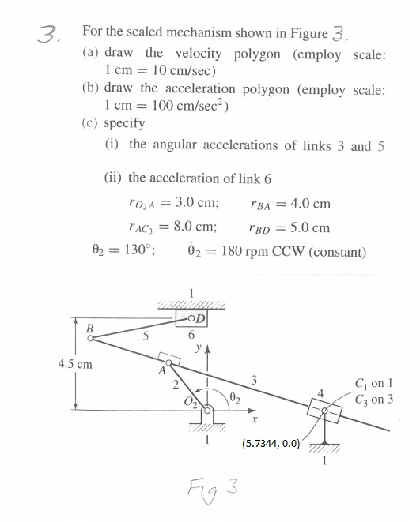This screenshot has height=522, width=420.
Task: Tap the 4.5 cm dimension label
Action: pos(76,364)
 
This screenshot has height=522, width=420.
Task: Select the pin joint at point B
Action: pos(90,337)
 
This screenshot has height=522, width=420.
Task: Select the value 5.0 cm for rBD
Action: pos(308,228)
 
